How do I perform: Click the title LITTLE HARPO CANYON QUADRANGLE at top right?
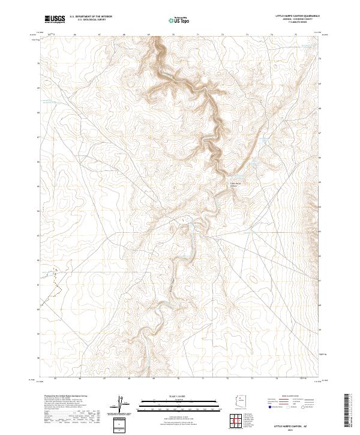[x=293, y=16]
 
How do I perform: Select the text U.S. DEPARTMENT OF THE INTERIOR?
[x=91, y=16]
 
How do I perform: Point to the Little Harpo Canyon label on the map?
[x=236, y=184]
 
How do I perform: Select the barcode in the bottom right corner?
[x=347, y=412]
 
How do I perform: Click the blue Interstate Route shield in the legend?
[x=269, y=406]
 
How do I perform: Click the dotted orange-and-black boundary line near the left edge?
[x=54, y=282]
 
